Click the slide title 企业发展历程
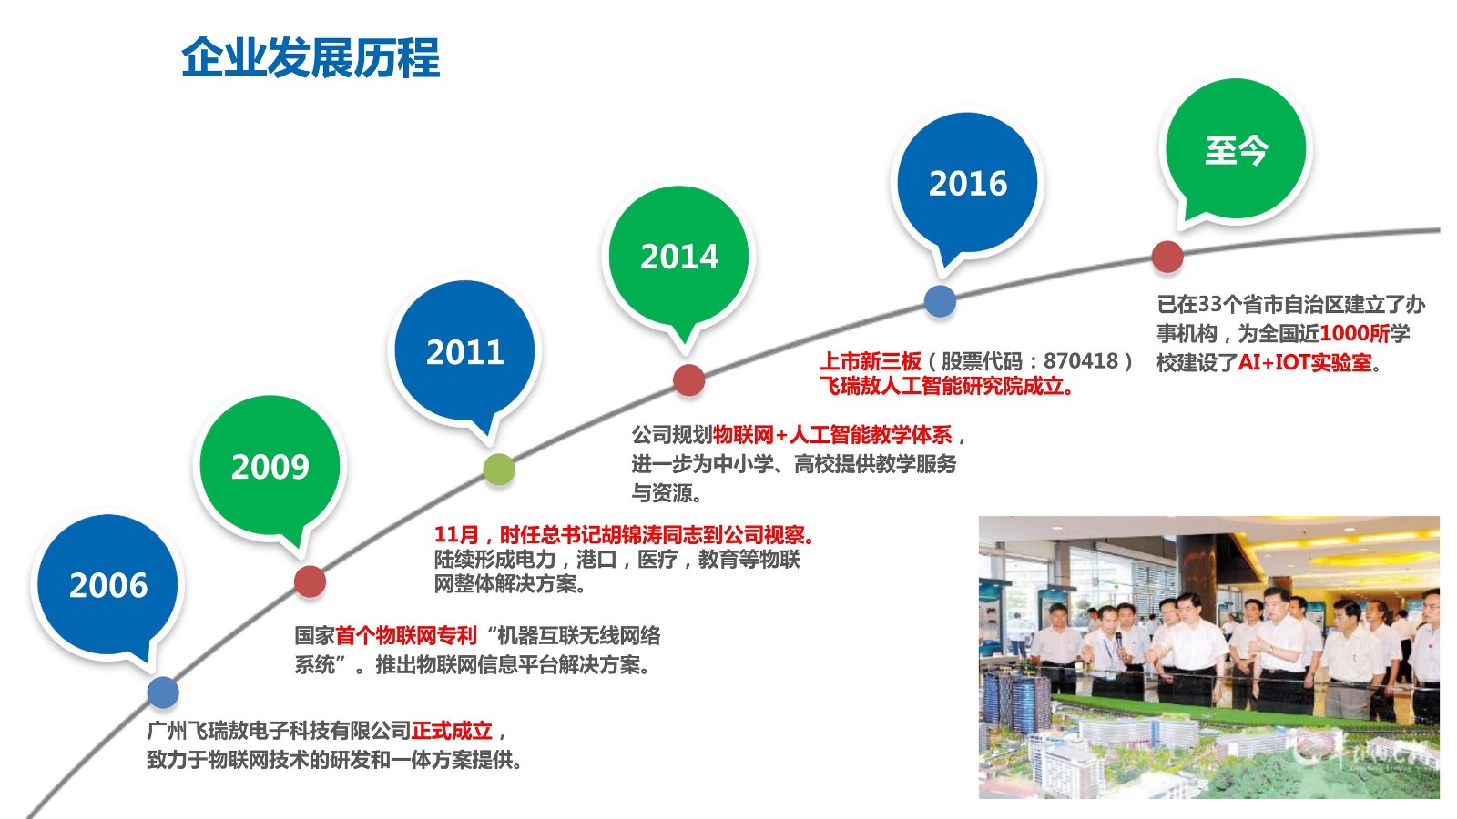(x=311, y=58)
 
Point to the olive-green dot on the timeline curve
(x=499, y=470)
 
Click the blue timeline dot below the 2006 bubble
(x=163, y=693)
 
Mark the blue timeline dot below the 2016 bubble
(x=940, y=301)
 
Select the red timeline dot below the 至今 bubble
(x=1167, y=257)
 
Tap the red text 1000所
(x=1354, y=333)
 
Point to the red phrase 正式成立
(x=452, y=731)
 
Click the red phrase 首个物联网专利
(x=406, y=635)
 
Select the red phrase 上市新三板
(x=871, y=360)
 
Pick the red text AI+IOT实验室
(x=1304, y=362)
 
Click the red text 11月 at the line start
(x=456, y=534)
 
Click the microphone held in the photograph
(x=1119, y=641)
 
